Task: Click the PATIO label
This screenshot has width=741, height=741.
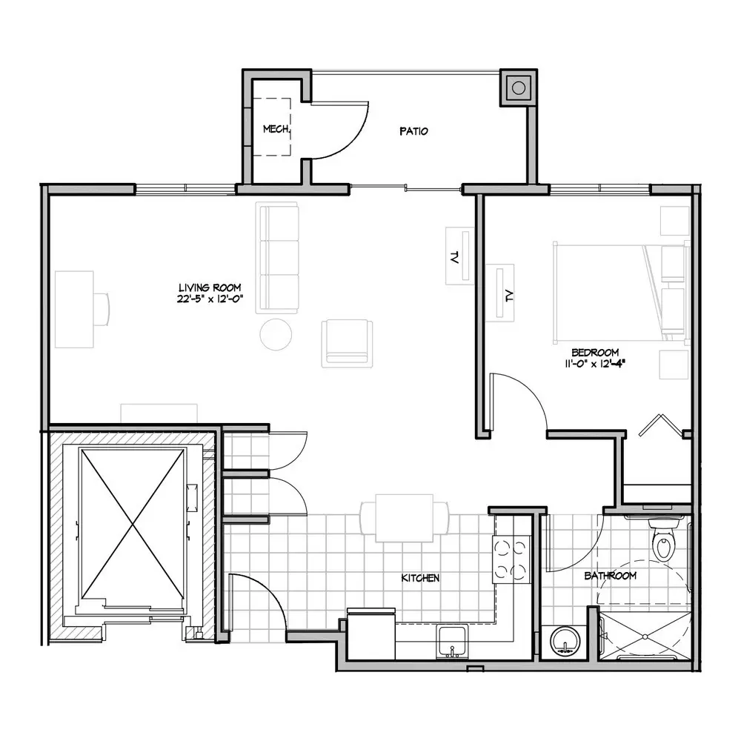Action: click(x=413, y=131)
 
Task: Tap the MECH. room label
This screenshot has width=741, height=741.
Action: click(x=276, y=128)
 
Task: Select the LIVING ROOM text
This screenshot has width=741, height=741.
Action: click(x=210, y=288)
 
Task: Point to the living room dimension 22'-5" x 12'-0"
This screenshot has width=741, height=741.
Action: click(x=210, y=299)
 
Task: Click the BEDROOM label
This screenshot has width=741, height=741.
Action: click(x=595, y=352)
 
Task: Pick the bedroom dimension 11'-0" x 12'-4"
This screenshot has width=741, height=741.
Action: click(x=595, y=363)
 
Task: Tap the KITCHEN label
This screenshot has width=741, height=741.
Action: click(x=420, y=577)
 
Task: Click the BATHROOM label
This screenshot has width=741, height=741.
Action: click(x=610, y=576)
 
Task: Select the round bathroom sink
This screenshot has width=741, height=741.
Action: click(x=565, y=642)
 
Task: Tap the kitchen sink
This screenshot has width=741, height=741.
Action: click(x=452, y=641)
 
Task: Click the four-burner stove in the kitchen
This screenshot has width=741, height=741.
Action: click(x=511, y=559)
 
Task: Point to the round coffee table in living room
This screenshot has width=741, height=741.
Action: click(x=276, y=334)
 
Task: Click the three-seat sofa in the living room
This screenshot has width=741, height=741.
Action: click(x=277, y=258)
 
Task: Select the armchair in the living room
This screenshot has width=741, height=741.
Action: click(x=347, y=344)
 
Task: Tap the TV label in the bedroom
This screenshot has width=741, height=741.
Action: click(x=509, y=296)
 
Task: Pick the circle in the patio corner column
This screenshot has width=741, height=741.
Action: click(x=519, y=88)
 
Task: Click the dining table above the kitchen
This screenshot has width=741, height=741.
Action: click(x=405, y=518)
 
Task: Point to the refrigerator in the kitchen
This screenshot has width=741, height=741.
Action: click(x=371, y=634)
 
